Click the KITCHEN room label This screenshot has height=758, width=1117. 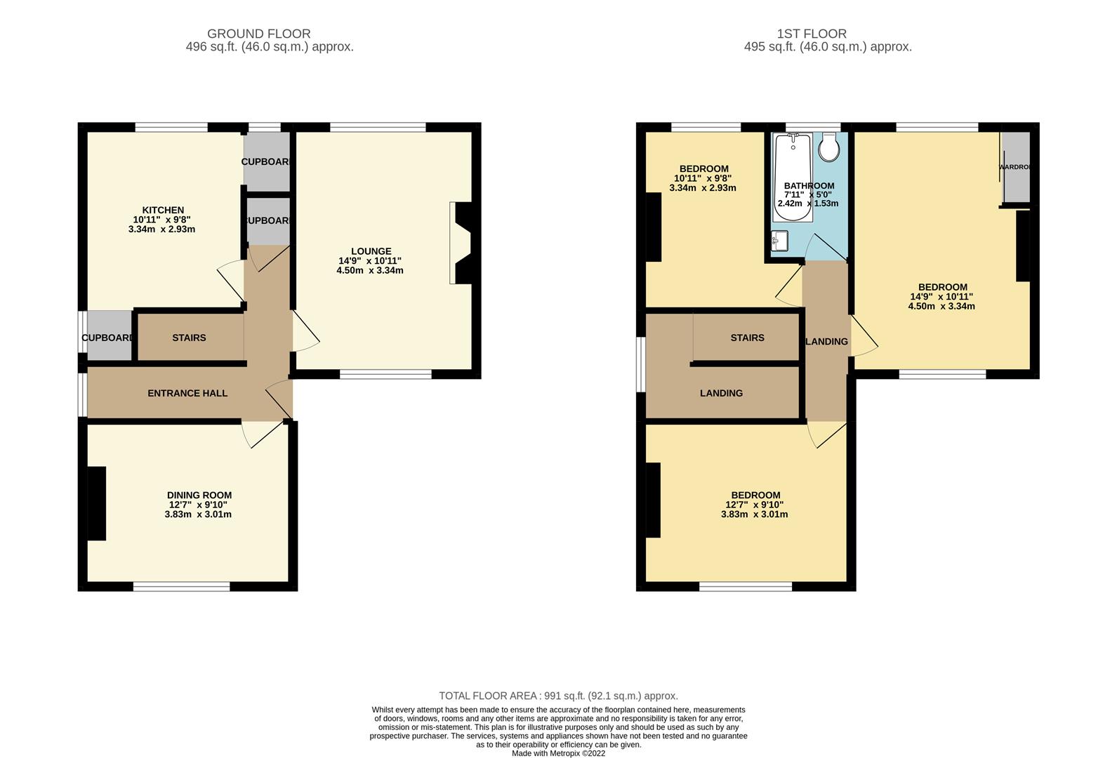click(163, 210)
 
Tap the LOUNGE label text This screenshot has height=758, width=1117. click(371, 251)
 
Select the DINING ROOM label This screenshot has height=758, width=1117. click(199, 496)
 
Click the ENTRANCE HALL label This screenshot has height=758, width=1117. click(187, 393)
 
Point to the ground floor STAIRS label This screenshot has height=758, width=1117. click(189, 338)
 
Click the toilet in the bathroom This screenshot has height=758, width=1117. click(829, 147)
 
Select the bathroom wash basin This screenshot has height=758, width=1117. click(779, 241)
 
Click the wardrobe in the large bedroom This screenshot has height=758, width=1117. click(1015, 168)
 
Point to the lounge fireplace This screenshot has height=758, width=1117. click(463, 244)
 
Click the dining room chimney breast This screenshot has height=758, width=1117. click(96, 503)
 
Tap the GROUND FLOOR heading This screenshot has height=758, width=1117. click(258, 34)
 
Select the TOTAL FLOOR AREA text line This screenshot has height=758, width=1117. click(558, 696)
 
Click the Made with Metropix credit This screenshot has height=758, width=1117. click(558, 753)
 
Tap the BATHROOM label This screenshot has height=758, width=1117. click(809, 186)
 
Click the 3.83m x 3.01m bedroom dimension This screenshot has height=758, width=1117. click(754, 514)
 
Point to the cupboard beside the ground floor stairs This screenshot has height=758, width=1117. click(107, 338)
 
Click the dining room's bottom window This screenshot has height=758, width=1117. click(181, 587)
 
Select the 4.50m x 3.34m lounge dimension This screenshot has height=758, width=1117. click(370, 270)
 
